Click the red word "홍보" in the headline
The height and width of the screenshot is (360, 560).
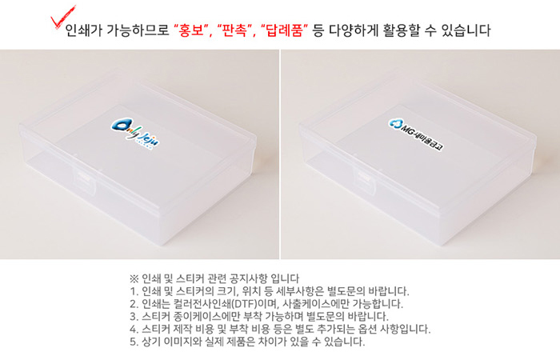pyautogui.click(x=191, y=30)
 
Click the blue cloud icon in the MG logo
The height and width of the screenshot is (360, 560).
pyautogui.click(x=395, y=123)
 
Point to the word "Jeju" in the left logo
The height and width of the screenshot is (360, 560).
pyautogui.click(x=148, y=139)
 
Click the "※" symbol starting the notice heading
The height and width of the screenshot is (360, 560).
pyautogui.click(x=134, y=278)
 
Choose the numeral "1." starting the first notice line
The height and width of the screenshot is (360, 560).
pyautogui.click(x=134, y=291)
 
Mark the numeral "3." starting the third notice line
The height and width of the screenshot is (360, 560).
pyautogui.click(x=134, y=317)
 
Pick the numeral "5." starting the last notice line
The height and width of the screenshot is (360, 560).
pyautogui.click(x=134, y=342)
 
